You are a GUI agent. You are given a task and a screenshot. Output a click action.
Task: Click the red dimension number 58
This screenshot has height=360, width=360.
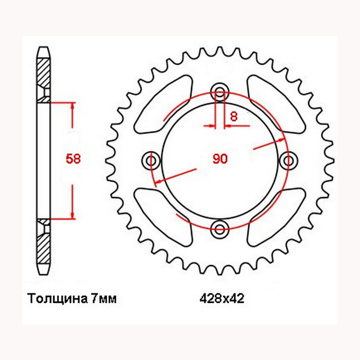point(73,159)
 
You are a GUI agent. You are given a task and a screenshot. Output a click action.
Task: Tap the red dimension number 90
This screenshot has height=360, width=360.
point(220,159)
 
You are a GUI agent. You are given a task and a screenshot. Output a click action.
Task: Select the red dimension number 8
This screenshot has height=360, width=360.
point(234,117)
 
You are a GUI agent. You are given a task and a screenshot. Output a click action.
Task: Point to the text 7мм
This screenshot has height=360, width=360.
point(104,299)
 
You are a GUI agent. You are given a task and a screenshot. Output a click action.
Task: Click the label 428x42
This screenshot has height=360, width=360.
point(222,299)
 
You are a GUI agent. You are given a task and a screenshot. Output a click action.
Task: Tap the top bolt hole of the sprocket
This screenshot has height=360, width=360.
point(220,92)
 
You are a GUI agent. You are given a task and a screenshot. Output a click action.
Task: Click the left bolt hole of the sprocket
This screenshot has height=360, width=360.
point(151,161)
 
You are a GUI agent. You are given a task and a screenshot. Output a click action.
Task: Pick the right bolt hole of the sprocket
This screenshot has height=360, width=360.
point(288,161)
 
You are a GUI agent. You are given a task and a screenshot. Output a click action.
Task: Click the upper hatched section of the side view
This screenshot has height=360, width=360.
point(43,72)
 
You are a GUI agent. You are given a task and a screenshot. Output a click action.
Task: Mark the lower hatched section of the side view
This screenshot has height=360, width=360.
point(43,249)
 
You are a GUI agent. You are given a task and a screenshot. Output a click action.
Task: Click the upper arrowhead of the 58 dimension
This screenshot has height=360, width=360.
point(72,106)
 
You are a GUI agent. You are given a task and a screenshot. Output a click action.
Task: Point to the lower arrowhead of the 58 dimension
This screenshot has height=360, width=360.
point(72,215)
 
